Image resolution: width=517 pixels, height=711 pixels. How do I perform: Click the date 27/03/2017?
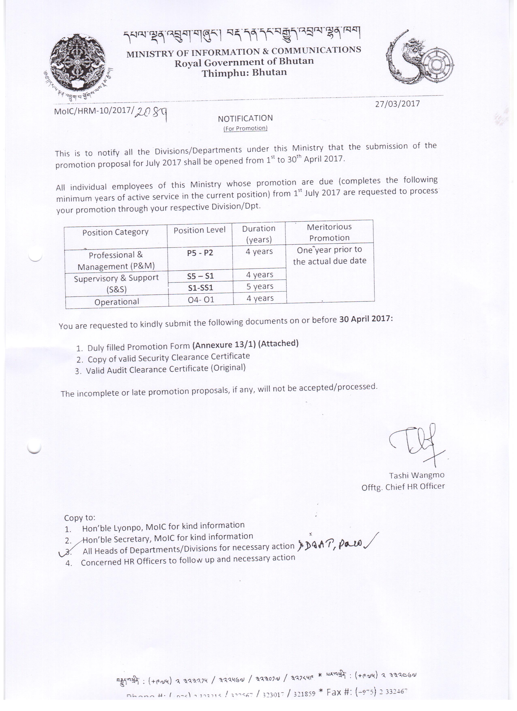[397, 104]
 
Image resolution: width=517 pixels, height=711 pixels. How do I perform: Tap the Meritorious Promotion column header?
[329, 232]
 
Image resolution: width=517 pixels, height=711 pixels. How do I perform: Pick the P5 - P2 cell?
[200, 253]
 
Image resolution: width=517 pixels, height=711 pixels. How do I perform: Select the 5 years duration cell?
[260, 287]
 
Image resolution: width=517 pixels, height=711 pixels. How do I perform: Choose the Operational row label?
[117, 302]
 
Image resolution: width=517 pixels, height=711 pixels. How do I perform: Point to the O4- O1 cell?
[201, 300]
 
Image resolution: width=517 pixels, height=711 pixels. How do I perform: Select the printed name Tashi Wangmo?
[417, 475]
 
